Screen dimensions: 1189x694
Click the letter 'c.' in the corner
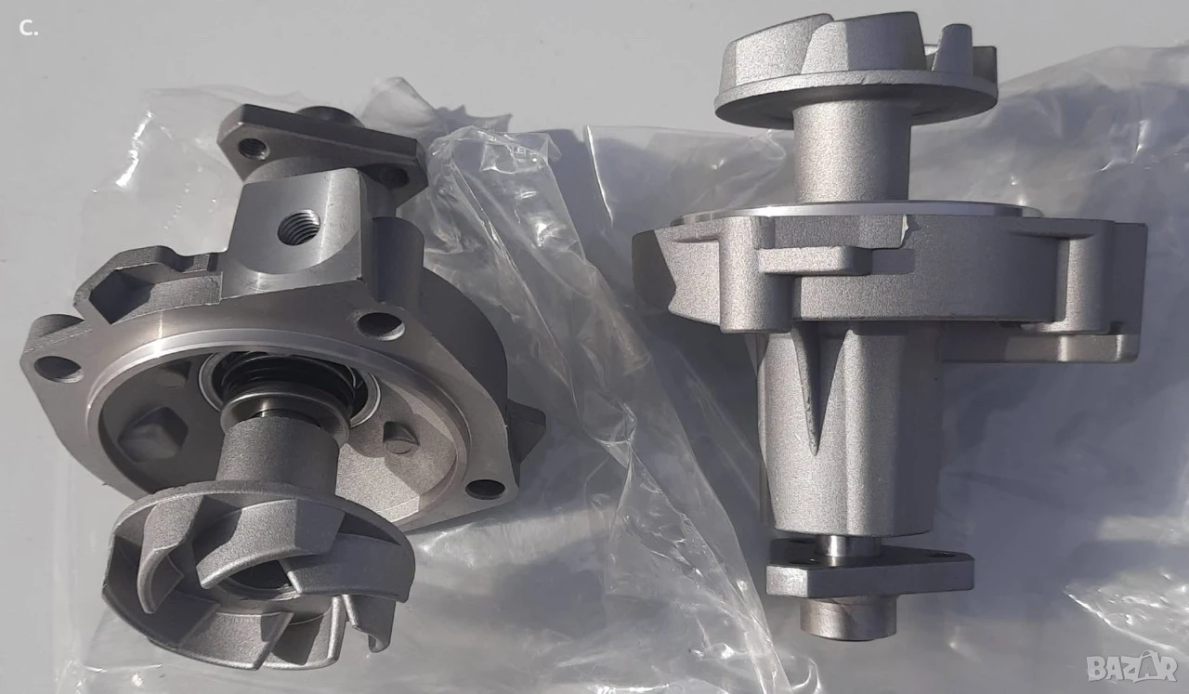tap(29, 29)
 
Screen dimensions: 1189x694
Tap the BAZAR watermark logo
tap(1131, 666)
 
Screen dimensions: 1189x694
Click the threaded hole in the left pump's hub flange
tap(251, 145)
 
